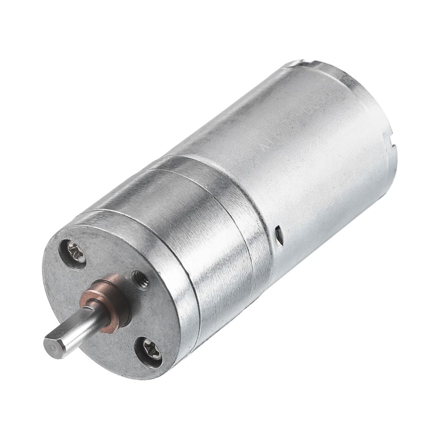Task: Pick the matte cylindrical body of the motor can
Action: click(293, 155)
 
